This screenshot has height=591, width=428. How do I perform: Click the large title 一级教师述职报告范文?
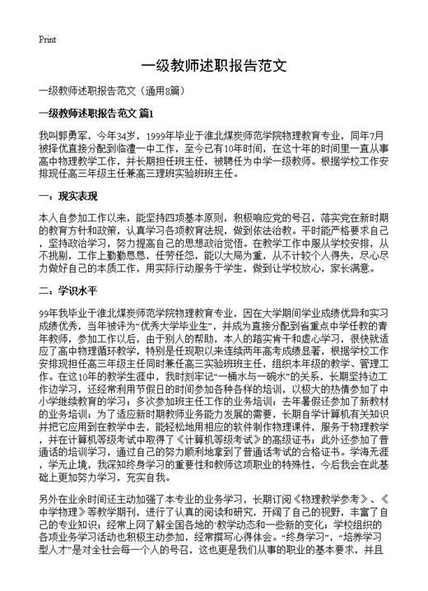(x=213, y=66)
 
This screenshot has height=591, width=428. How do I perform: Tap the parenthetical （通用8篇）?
(x=160, y=91)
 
